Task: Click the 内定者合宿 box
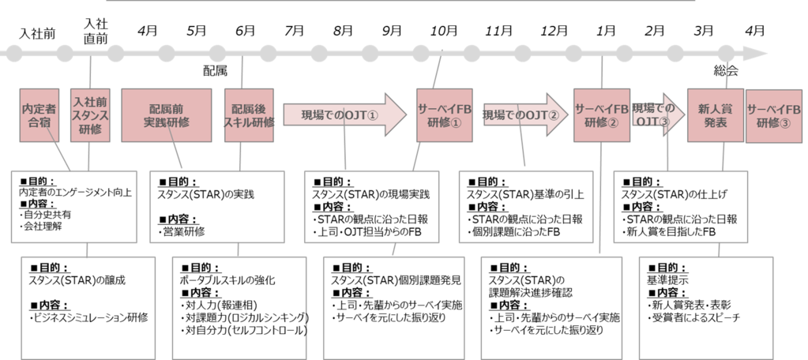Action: tap(39, 116)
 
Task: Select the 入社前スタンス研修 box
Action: tap(91, 116)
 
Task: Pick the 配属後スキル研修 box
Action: tap(250, 116)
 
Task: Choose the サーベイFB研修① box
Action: tap(444, 116)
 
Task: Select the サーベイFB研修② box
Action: tap(601, 116)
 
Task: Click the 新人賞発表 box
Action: tap(713, 116)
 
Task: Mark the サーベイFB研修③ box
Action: tap(775, 116)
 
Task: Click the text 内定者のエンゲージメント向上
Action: tap(75, 192)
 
